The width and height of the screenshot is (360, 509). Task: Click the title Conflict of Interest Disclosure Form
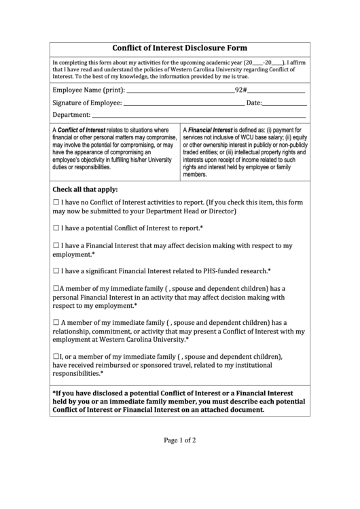pyautogui.click(x=179, y=48)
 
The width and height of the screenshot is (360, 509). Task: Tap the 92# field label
pyautogui.click(x=240, y=90)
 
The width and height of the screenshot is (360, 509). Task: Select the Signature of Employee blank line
pyautogui.click(x=183, y=105)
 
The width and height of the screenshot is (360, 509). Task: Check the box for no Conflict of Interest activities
pyautogui.click(x=56, y=203)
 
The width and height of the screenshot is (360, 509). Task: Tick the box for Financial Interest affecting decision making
pyautogui.click(x=56, y=245)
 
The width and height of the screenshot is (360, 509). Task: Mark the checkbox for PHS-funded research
pyautogui.click(x=56, y=270)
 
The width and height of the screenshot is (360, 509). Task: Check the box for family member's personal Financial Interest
pyautogui.click(x=56, y=288)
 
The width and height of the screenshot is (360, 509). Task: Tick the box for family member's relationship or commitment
pyautogui.click(x=56, y=322)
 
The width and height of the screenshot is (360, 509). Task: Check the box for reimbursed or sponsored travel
pyautogui.click(x=56, y=356)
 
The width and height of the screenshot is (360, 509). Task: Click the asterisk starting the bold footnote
pyautogui.click(x=54, y=393)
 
